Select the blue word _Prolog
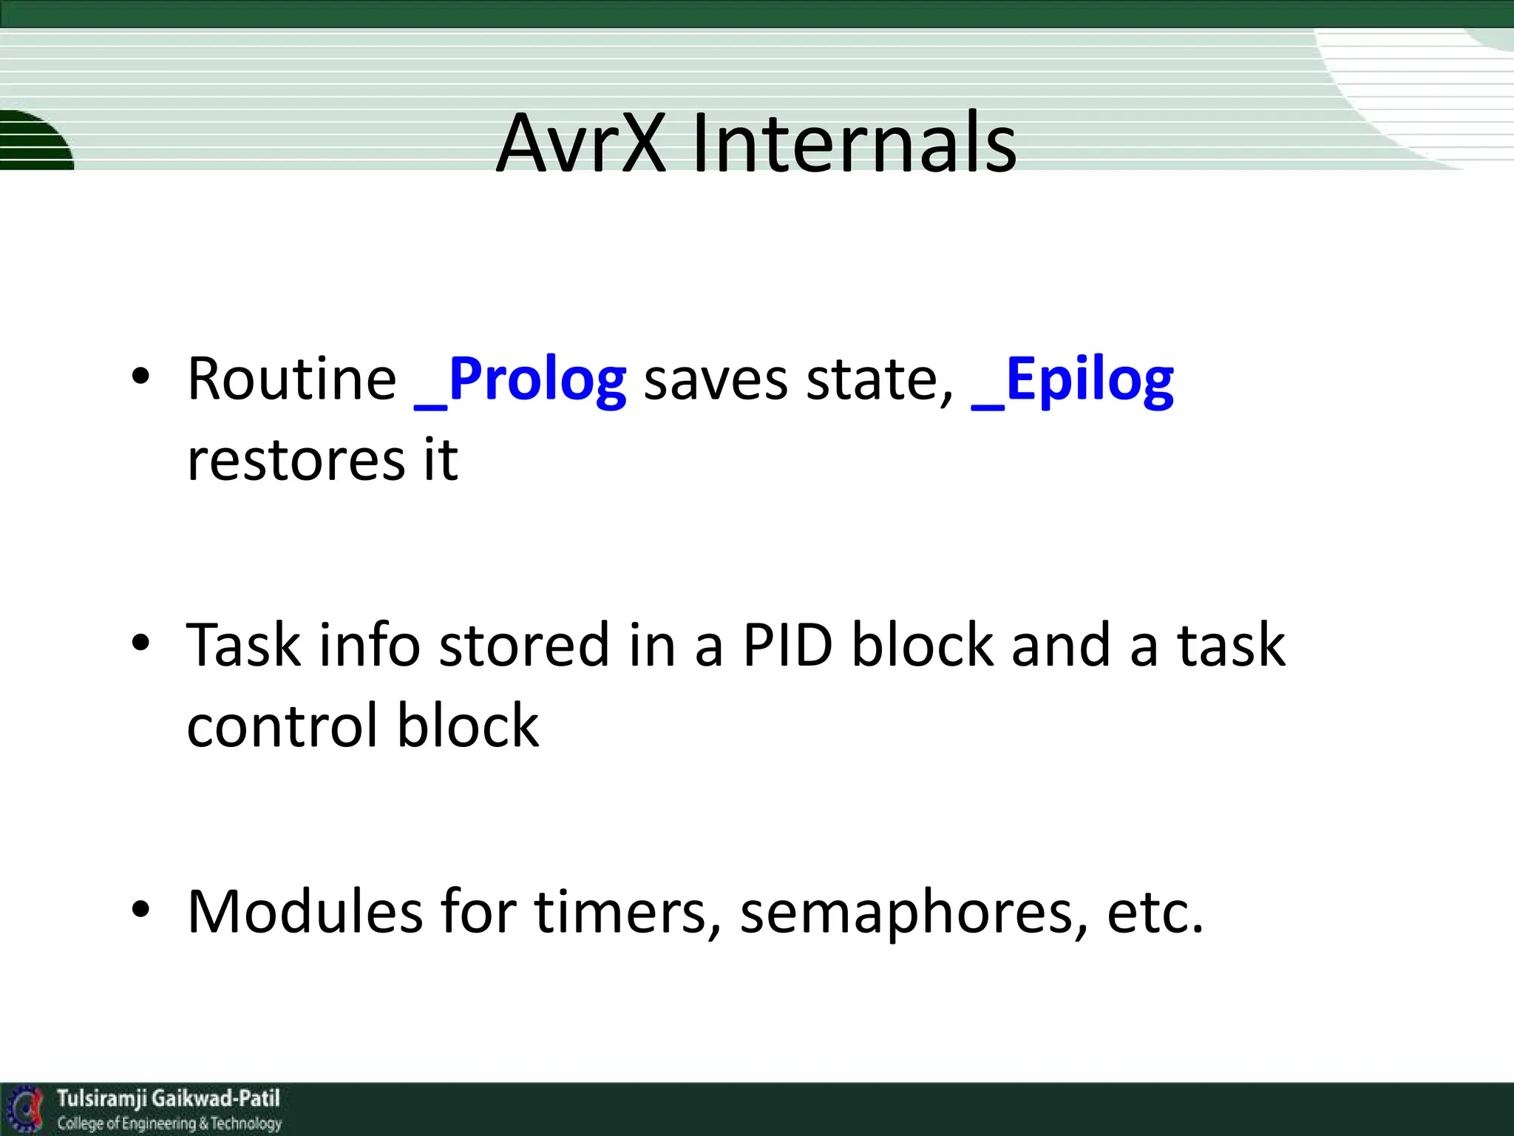pos(520,381)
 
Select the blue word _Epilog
pos(1072,381)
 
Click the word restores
pos(296,461)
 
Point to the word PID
pos(787,645)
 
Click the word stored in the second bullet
pos(524,645)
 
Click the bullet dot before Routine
pos(140,377)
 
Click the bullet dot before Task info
pos(140,643)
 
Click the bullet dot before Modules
pos(140,909)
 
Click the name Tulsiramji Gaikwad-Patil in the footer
pos(169,1098)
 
